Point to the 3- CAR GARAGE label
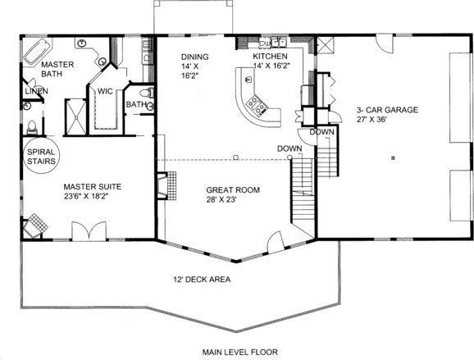click(x=388, y=110)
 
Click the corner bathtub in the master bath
click(x=38, y=51)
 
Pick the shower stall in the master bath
click(x=76, y=117)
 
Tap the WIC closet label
click(x=105, y=91)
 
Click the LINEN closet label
click(x=36, y=91)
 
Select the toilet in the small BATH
click(x=147, y=93)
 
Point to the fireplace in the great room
click(x=166, y=185)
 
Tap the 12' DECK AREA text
click(x=202, y=280)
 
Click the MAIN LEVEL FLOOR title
click(x=239, y=352)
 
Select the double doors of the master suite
click(x=89, y=231)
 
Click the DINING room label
click(x=194, y=57)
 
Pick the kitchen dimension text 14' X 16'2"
click(x=271, y=66)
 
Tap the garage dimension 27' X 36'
click(x=371, y=120)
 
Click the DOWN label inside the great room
click(x=289, y=148)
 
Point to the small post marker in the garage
click(x=393, y=157)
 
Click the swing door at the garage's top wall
click(x=385, y=43)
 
